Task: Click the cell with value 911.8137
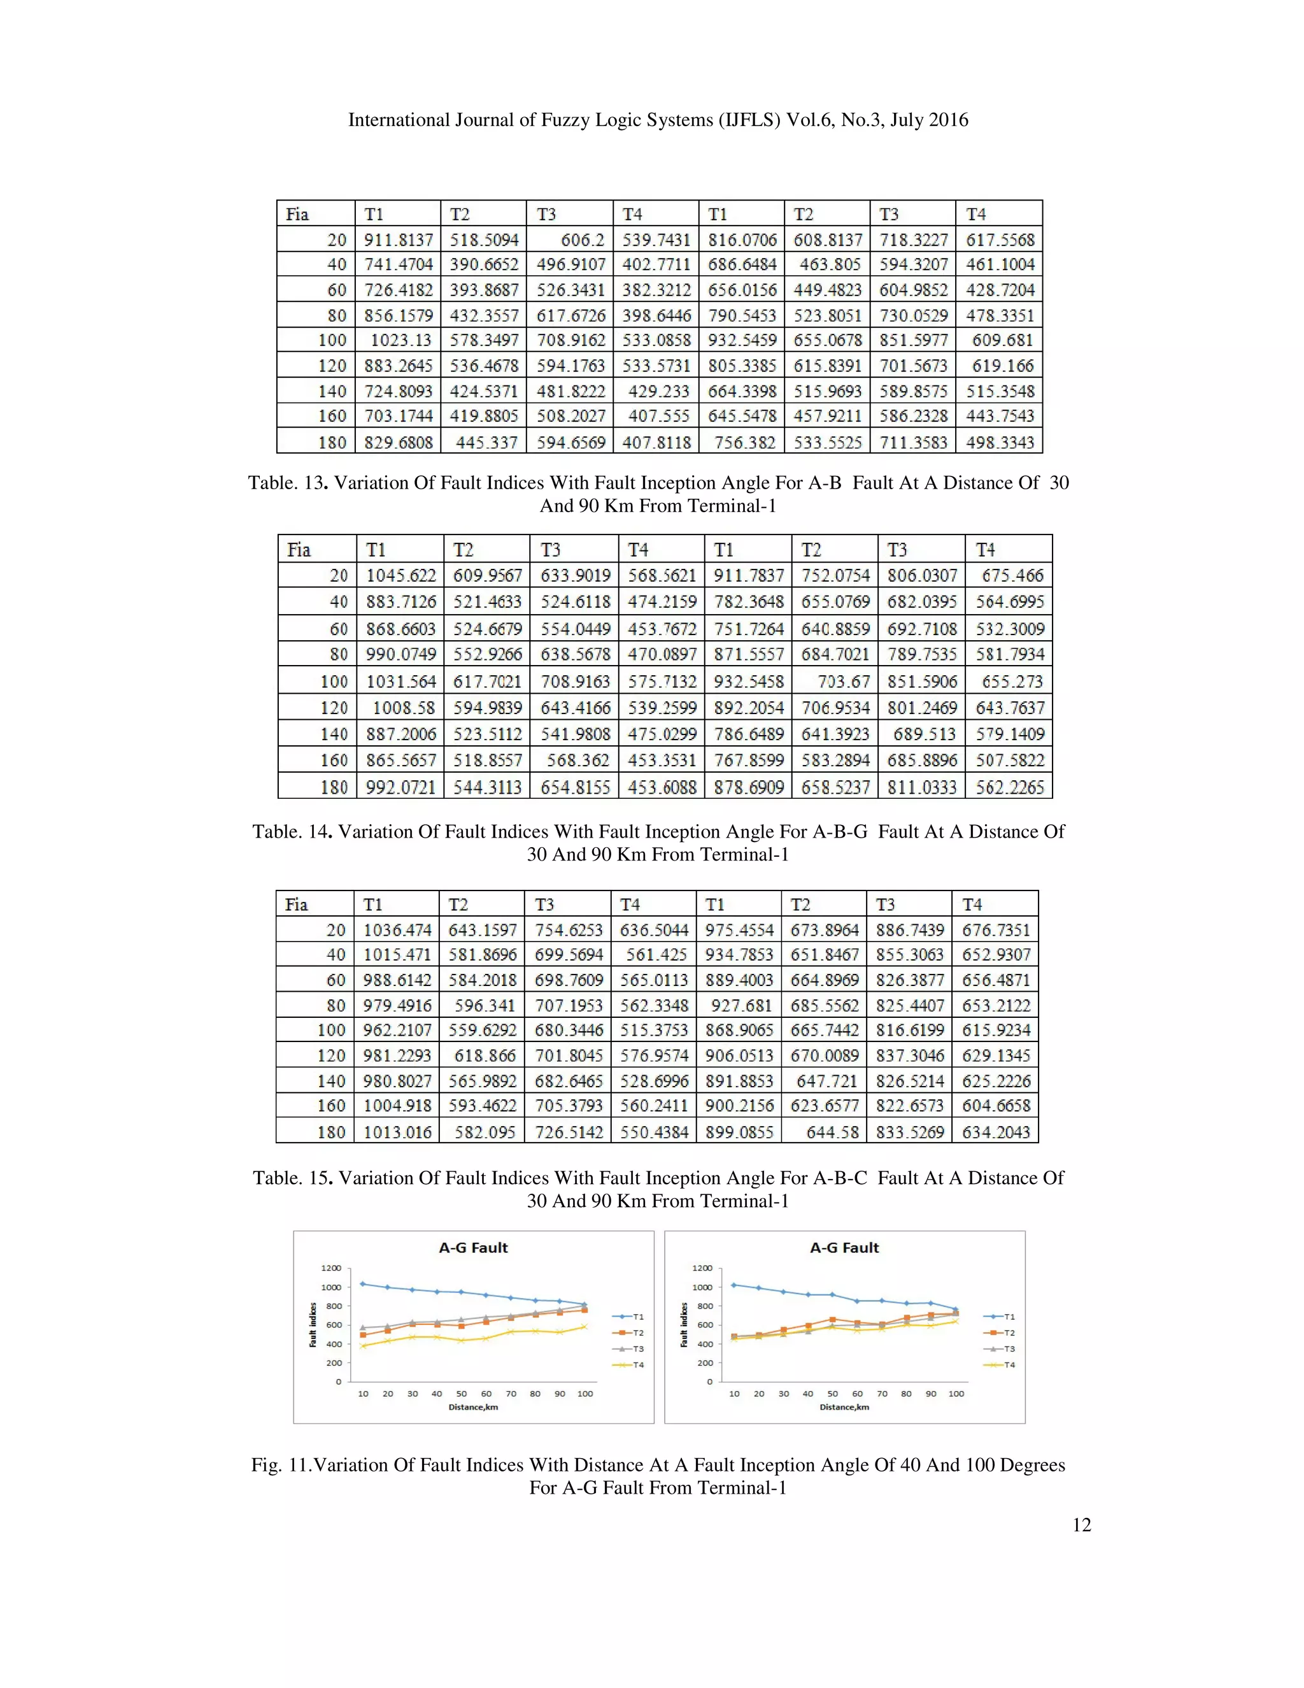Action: click(399, 240)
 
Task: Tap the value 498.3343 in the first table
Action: click(1000, 442)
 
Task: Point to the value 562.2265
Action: click(1010, 787)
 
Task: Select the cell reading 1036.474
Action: click(397, 930)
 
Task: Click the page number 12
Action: click(1082, 1524)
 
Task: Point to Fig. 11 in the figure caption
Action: click(280, 1464)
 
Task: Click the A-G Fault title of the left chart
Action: click(473, 1247)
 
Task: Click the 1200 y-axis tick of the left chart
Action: click(330, 1268)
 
